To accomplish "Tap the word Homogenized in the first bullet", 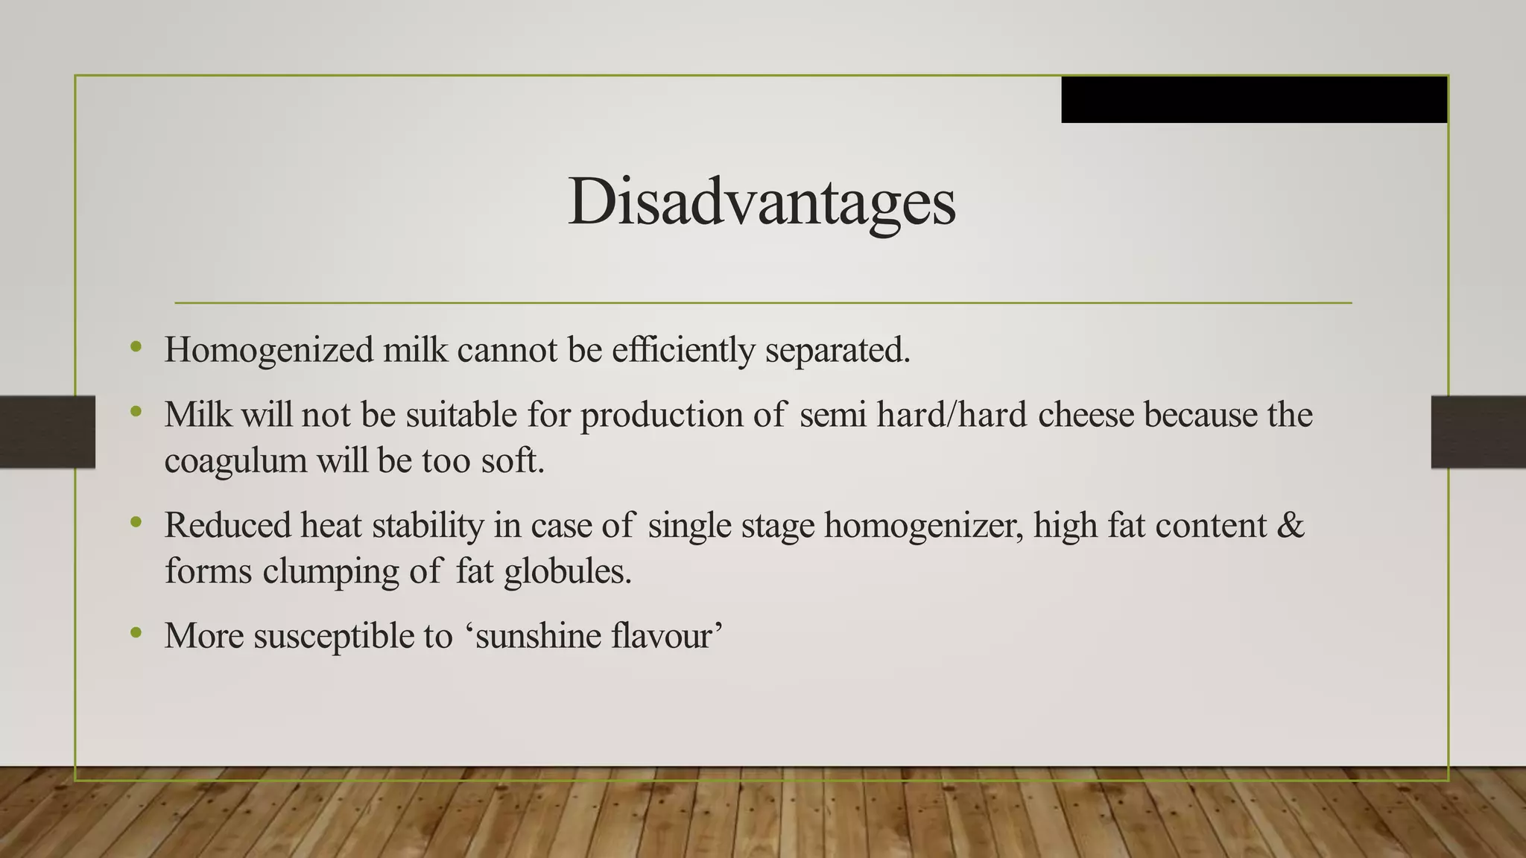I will (269, 350).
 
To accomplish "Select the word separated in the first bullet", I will (836, 350).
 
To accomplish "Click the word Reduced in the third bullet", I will (227, 526).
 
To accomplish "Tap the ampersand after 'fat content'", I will (1291, 526).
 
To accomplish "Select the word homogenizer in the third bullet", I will (923, 526).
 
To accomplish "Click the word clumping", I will (331, 572).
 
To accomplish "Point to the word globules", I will (567, 572).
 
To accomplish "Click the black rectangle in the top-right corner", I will (1254, 99).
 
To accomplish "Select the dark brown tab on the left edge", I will (48, 432).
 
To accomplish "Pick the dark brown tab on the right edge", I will (1478, 432).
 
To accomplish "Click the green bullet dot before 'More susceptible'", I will (135, 633).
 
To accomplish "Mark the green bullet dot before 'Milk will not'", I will (135, 411).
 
